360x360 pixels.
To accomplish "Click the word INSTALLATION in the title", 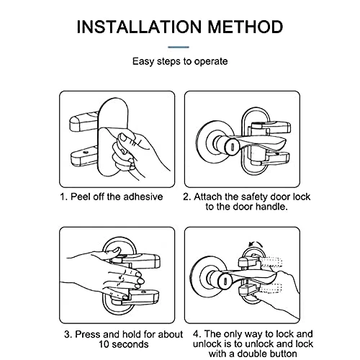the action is point(139,27).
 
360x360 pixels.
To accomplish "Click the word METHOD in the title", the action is point(246,27).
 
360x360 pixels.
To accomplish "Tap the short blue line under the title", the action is point(179,48).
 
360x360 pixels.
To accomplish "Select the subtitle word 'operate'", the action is point(211,62).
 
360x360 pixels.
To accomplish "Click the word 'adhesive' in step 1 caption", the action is point(143,197).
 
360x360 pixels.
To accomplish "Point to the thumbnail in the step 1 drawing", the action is point(125,138).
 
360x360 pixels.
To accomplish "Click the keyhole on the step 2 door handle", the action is point(233,146).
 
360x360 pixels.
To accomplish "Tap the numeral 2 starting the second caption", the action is point(186,197).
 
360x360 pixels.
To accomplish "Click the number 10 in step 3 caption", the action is point(104,344).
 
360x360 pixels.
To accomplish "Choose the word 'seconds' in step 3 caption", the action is point(130,344).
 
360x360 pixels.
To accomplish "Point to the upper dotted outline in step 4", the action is point(271,262).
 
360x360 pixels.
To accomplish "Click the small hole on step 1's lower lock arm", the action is point(85,152).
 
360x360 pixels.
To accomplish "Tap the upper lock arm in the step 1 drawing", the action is point(84,122).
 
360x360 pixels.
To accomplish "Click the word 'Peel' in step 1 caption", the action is point(81,197).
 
